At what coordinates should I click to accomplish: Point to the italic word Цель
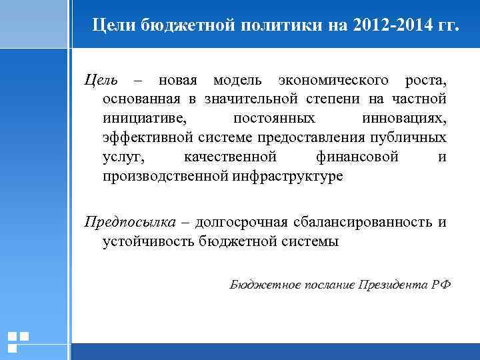pyautogui.click(x=101, y=81)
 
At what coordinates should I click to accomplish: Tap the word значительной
pyautogui.click(x=252, y=100)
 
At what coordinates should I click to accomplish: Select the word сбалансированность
pyautogui.click(x=362, y=221)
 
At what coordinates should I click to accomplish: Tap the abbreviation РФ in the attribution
pyautogui.click(x=441, y=285)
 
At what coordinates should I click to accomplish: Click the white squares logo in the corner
pyautogui.click(x=18, y=341)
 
